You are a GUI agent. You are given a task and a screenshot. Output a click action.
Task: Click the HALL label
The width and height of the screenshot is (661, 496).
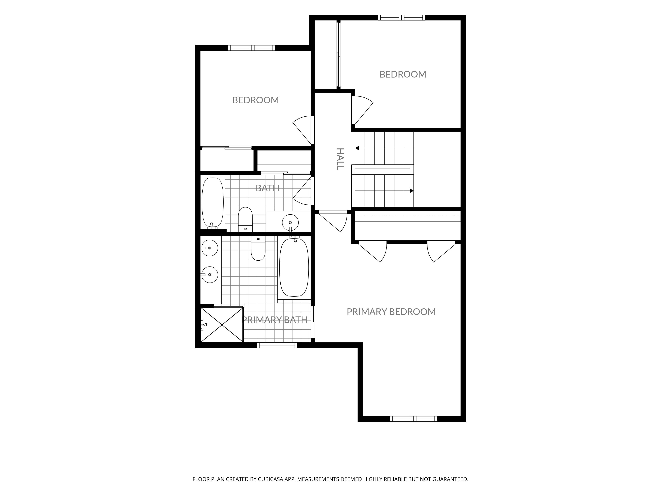tap(340, 159)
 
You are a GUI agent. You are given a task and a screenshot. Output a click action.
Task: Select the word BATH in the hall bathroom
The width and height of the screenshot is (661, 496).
tap(267, 188)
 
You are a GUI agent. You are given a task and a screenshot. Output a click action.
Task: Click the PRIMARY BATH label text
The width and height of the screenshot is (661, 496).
tap(275, 320)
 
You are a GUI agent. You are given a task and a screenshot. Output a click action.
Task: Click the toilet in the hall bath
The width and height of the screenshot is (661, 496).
tap(245, 219)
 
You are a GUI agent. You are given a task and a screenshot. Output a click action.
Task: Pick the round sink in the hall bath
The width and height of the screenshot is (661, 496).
tap(290, 223)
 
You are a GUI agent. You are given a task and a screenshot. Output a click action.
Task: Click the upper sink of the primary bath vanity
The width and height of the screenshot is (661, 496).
tap(209, 248)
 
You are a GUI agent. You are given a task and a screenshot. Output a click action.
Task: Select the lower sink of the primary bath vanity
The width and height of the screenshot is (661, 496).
tap(209, 275)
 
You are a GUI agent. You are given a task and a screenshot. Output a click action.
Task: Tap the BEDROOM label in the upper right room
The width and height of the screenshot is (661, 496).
tap(403, 74)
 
